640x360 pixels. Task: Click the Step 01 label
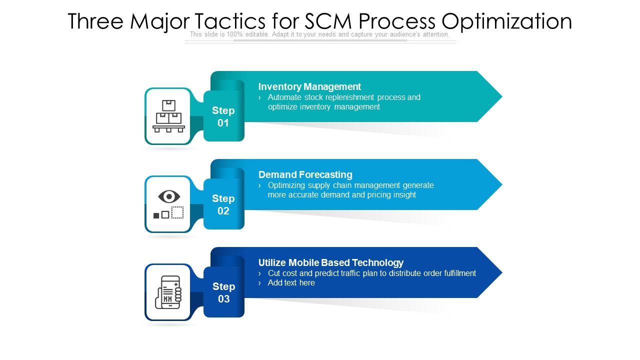(x=223, y=116)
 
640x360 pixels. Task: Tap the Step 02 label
(x=223, y=204)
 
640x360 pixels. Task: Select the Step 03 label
(x=223, y=292)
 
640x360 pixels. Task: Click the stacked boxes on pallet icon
(x=168, y=116)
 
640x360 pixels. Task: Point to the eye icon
(x=169, y=196)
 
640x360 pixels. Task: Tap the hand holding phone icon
(x=168, y=292)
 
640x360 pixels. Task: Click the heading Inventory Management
(x=309, y=86)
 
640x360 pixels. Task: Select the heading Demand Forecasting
(x=305, y=174)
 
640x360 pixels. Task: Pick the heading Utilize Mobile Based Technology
(x=330, y=262)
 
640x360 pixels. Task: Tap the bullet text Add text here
(x=291, y=283)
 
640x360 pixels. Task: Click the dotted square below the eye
(x=177, y=212)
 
